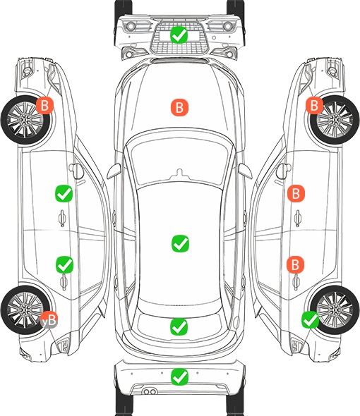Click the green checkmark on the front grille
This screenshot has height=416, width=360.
click(179, 35)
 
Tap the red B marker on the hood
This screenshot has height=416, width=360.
click(179, 107)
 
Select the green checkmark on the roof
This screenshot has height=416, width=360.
click(181, 243)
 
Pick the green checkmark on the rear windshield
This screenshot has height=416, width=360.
click(179, 326)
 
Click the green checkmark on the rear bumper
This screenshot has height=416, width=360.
click(180, 377)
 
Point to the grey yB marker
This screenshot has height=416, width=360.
click(49, 319)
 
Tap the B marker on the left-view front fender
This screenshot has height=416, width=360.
click(44, 105)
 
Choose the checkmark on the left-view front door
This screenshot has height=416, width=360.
click(64, 193)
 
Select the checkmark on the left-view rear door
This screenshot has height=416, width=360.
click(64, 264)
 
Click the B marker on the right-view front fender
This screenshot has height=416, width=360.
click(315, 105)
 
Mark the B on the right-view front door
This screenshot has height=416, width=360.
click(296, 193)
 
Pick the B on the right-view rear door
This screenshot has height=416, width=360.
click(296, 264)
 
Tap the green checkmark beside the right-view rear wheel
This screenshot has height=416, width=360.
click(311, 320)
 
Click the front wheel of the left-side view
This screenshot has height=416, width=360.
click(25, 120)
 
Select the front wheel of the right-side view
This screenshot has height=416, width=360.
click(335, 120)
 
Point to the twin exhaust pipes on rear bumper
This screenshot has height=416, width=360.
click(150, 392)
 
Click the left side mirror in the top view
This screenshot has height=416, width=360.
click(114, 171)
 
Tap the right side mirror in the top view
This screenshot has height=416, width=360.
click(245, 171)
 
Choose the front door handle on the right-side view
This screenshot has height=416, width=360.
click(298, 218)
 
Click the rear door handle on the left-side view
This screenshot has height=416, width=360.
click(64, 282)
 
